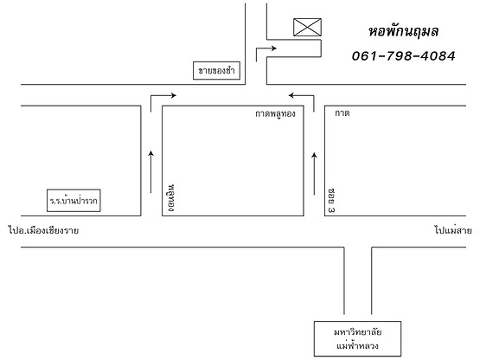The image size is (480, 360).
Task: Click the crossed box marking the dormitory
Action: click(307, 28)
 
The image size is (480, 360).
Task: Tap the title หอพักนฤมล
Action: click(404, 31)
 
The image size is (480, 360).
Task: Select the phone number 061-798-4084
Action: click(404, 56)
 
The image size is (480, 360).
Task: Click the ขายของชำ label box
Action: click(216, 70)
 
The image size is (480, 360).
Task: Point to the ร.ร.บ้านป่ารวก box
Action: click(74, 201)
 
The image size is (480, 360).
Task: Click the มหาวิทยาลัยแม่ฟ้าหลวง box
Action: click(357, 339)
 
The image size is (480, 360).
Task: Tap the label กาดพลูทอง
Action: click(275, 113)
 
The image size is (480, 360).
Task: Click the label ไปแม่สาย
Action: click(453, 230)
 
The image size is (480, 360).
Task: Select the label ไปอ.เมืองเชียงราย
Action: click(43, 230)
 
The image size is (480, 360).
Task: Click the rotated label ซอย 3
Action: click(331, 201)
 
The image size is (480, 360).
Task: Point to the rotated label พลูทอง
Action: click(171, 198)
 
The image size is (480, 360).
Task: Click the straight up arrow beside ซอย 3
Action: click(314, 174)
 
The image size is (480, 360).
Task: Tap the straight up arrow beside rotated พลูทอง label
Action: click(150, 172)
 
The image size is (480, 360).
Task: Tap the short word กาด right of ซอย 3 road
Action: click(342, 113)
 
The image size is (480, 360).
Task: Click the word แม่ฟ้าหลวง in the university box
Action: click(357, 346)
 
